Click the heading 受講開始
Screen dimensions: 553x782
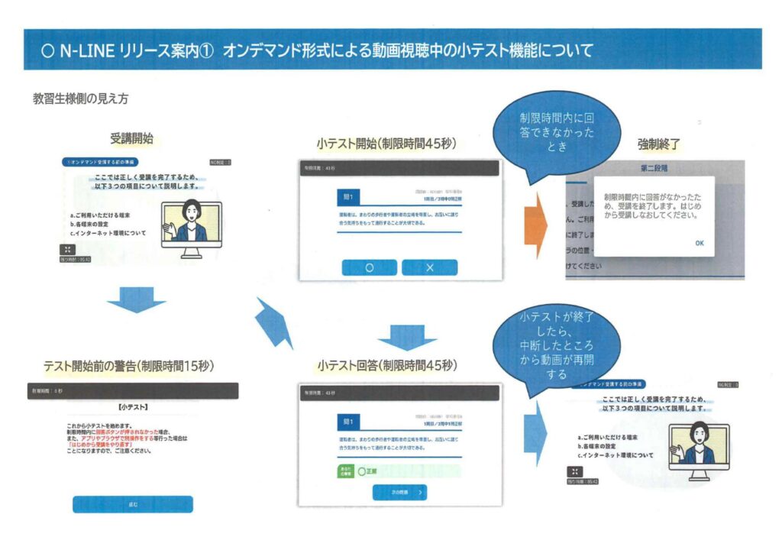pos(131,139)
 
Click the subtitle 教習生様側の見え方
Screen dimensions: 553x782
pos(80,99)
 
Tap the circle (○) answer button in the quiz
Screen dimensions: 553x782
pos(369,267)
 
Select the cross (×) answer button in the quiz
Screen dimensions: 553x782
pos(429,267)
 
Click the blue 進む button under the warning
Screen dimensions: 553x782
pos(133,504)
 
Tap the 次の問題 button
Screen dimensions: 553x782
pos(399,493)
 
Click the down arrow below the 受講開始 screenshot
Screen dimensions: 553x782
pos(135,300)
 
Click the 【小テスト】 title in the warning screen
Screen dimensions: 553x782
pos(134,406)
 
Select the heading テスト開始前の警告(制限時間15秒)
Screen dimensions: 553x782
pos(128,365)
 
